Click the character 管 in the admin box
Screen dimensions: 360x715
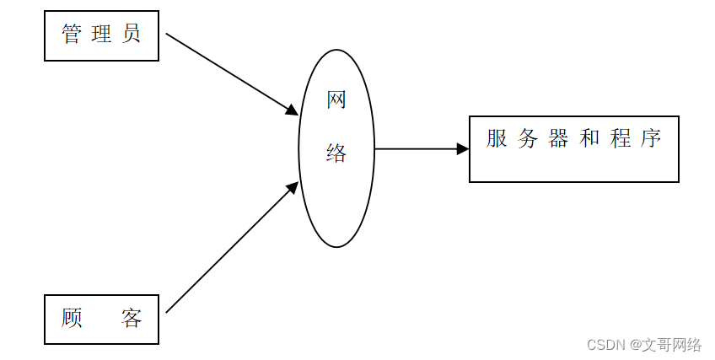pyautogui.click(x=73, y=35)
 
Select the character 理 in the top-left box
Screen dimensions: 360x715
pyautogui.click(x=101, y=35)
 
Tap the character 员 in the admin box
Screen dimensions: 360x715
pyautogui.click(x=131, y=35)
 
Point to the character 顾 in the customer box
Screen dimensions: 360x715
pyautogui.click(x=73, y=319)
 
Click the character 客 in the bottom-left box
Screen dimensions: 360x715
pyautogui.click(x=131, y=319)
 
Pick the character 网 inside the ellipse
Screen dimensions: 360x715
pyautogui.click(x=336, y=100)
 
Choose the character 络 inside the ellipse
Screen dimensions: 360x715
pyautogui.click(x=336, y=153)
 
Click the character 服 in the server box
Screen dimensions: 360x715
pyautogui.click(x=497, y=139)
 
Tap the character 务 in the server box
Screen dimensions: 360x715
pyautogui.click(x=528, y=139)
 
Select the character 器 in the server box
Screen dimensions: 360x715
pyautogui.click(x=558, y=139)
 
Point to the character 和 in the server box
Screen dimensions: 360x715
pyautogui.click(x=589, y=139)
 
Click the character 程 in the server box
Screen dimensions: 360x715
pyautogui.click(x=621, y=139)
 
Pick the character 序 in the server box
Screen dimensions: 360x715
pyautogui.click(x=650, y=139)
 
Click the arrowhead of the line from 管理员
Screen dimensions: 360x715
pyautogui.click(x=293, y=110)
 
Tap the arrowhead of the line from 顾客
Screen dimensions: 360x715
pyautogui.click(x=293, y=187)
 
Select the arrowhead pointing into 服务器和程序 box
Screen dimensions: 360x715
pyautogui.click(x=463, y=148)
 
